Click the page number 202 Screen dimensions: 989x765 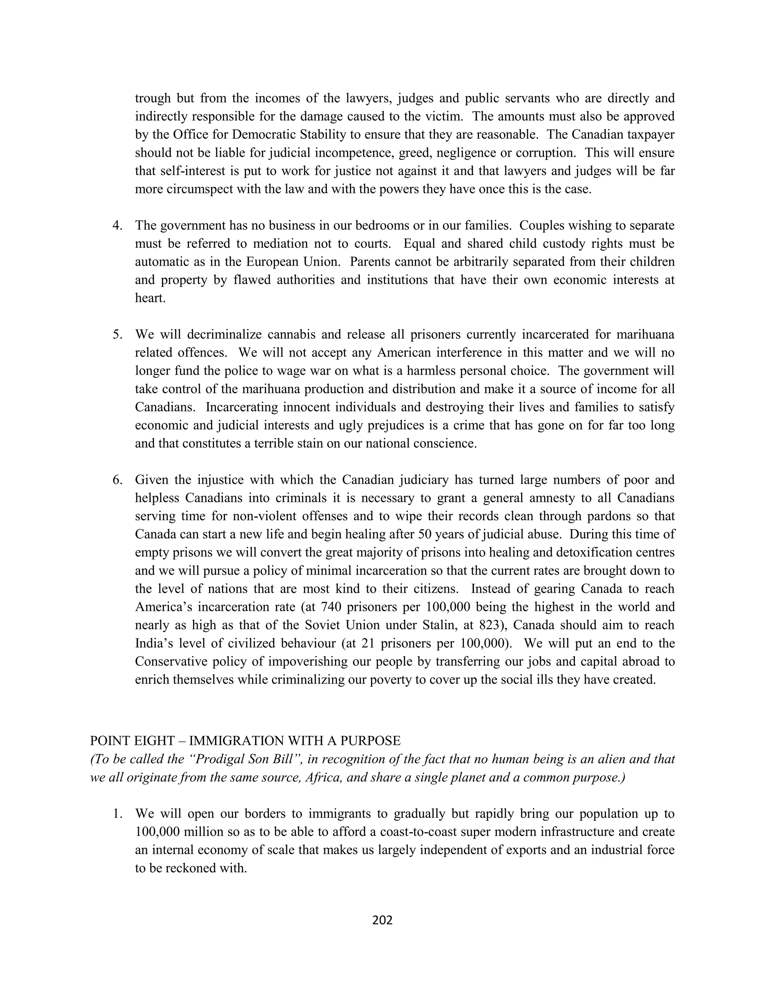[x=382, y=920]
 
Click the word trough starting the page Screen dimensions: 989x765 [x=153, y=98]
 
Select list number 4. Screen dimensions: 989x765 [x=117, y=225]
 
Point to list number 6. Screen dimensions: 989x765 [x=117, y=480]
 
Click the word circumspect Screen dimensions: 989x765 [x=204, y=189]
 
